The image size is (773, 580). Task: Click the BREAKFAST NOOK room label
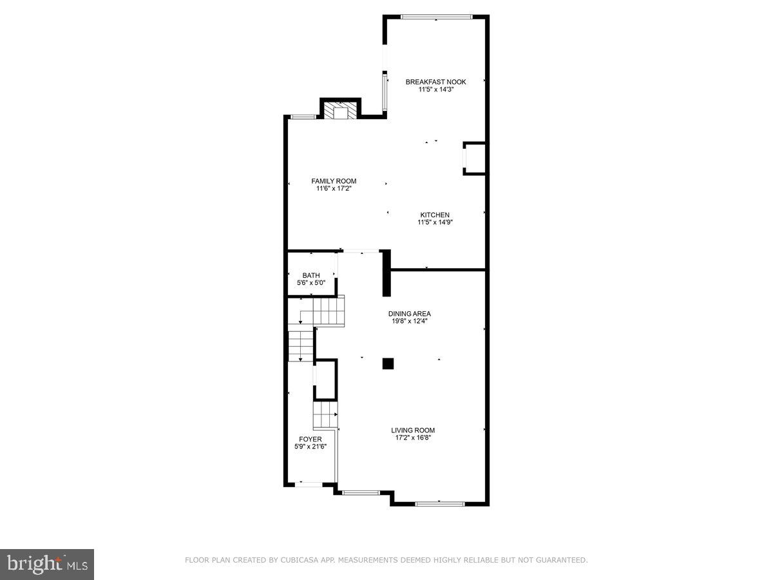click(x=435, y=82)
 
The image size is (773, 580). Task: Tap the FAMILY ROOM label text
click(x=334, y=181)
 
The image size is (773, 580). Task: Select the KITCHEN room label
click(x=435, y=215)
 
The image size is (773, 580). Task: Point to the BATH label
click(x=310, y=276)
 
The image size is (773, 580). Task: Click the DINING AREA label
click(x=410, y=314)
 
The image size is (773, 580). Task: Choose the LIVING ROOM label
click(x=413, y=430)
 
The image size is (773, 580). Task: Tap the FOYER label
click(x=310, y=439)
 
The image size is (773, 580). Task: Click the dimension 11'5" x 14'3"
click(x=435, y=90)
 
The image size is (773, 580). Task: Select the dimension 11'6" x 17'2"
click(x=334, y=189)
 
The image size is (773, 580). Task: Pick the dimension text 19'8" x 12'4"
click(x=410, y=321)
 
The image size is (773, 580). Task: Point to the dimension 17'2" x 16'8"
click(x=413, y=438)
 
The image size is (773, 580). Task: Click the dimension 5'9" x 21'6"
click(x=310, y=446)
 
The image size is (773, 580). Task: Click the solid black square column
click(x=388, y=363)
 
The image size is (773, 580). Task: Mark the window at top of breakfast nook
click(x=437, y=17)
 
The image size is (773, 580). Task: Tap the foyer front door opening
click(x=309, y=483)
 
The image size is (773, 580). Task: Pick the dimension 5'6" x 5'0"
click(x=310, y=283)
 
